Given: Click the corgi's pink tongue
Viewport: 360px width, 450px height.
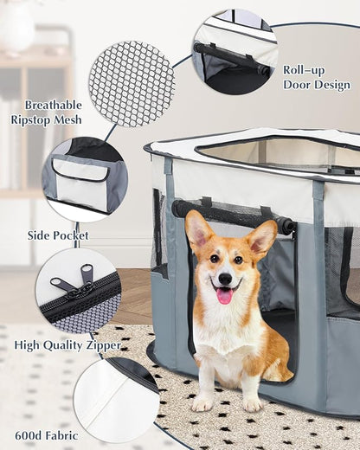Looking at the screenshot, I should point(224,296).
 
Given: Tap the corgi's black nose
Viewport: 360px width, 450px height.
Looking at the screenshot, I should point(225,280).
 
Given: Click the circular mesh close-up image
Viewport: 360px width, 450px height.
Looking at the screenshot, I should point(132,83).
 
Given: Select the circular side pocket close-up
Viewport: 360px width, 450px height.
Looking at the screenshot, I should point(83,180).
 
